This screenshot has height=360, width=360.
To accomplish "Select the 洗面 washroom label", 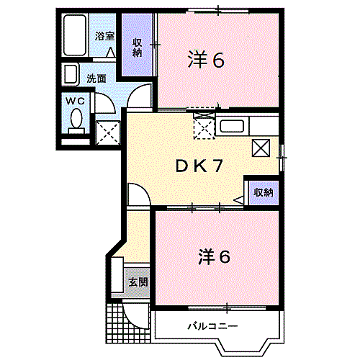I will coord(96,78).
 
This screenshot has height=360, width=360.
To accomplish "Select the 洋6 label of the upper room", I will coord(206,60).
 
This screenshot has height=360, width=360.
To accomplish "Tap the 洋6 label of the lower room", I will coord(214,256).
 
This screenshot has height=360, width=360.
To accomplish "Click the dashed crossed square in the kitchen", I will coord(203,128).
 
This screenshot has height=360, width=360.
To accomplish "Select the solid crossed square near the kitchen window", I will coord(261,148).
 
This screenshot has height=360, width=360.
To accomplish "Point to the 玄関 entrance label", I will coord(138,282).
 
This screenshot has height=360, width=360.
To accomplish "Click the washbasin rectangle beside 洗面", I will coord(71,75).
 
